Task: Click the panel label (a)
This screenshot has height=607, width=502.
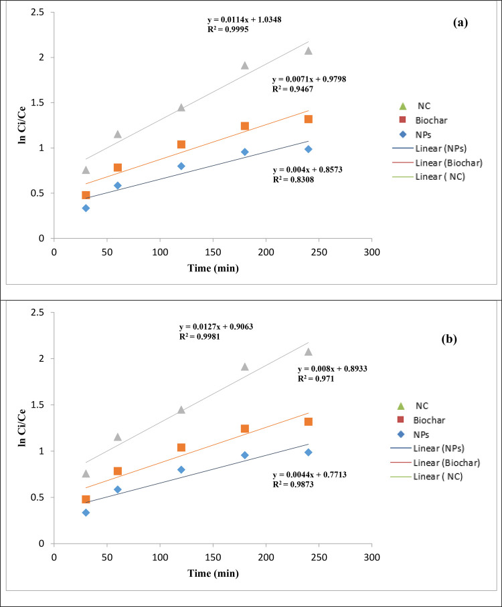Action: (460, 23)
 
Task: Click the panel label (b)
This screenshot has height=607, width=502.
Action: (460, 339)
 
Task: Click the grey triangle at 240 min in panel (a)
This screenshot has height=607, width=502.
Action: (309, 51)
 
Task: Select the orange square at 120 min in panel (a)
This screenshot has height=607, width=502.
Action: (181, 144)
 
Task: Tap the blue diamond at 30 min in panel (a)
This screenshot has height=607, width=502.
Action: (86, 208)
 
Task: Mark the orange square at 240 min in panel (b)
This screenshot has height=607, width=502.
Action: (309, 422)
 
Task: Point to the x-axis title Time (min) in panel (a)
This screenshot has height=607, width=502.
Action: (212, 268)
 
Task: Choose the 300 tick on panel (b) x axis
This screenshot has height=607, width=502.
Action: (372, 557)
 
